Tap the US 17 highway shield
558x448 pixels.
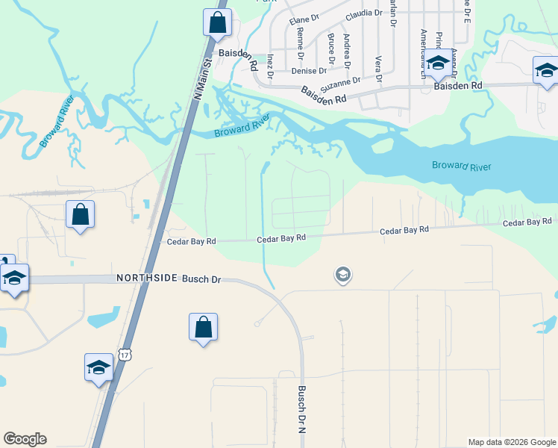pos(125,355)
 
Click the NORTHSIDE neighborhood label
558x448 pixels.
pos(147,278)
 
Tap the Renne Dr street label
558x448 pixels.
pos(300,43)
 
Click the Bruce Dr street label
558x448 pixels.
pos(330,46)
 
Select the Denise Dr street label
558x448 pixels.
pos(309,71)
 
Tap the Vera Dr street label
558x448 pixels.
pos(378,68)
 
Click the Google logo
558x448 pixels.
pos(25,439)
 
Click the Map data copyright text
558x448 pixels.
pos(512,442)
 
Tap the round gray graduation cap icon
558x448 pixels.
pos(342,275)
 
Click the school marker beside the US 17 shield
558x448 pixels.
pos(98,367)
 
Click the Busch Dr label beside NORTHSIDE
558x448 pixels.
pos(201,278)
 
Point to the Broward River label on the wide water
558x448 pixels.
pos(461,166)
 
